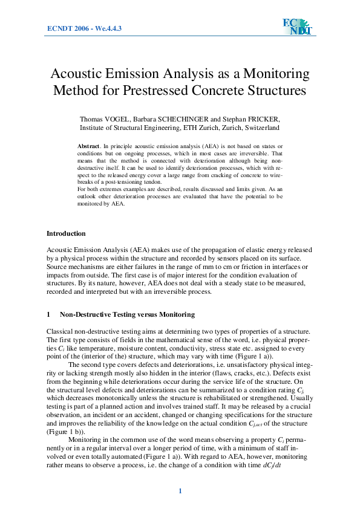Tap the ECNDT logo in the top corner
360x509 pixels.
pyautogui.click(x=296, y=26)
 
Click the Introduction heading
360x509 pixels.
pyautogui.click(x=66, y=233)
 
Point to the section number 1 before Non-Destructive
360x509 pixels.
pyautogui.click(x=48, y=315)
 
